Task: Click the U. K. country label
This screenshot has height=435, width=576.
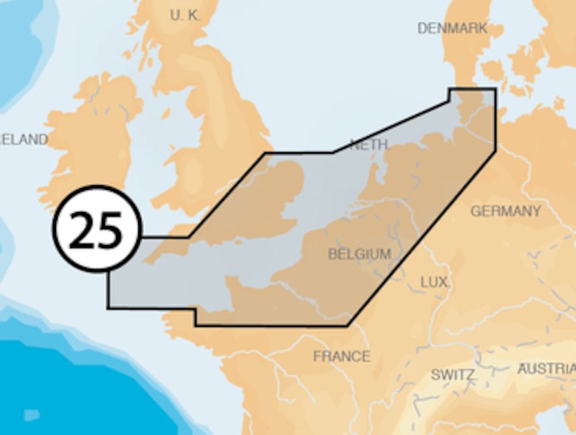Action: (185, 16)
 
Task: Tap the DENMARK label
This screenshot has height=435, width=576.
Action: (452, 28)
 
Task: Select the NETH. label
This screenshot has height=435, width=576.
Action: (370, 144)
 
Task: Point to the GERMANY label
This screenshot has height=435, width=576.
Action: (505, 211)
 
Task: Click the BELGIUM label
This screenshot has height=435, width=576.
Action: (359, 254)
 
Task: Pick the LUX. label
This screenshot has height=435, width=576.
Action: (434, 282)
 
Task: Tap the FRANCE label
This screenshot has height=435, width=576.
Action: (341, 356)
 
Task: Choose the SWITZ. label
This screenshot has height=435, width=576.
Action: (453, 375)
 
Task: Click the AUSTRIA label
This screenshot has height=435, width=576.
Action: (546, 368)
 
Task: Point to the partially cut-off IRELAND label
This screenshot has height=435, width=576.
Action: (23, 139)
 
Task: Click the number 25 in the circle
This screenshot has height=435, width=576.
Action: (96, 229)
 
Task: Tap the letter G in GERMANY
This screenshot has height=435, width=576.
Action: (476, 211)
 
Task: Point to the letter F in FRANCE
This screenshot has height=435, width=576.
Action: (317, 356)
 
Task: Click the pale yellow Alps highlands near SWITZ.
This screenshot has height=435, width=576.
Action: (461, 397)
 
